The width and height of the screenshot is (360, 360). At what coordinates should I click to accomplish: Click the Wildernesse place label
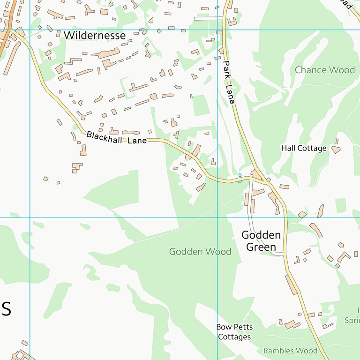tap(95, 35)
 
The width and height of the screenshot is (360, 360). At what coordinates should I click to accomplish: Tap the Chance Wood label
tap(325, 70)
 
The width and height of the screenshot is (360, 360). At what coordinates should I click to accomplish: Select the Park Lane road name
tap(229, 82)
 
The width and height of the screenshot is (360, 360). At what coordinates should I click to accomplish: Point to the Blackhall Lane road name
tap(117, 137)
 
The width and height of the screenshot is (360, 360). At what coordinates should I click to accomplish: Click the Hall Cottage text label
tap(304, 148)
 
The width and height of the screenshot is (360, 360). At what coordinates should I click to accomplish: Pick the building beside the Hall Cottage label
tap(336, 150)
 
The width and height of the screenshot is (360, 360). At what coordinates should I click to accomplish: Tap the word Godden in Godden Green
tap(261, 235)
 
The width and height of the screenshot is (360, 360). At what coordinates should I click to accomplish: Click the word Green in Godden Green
tap(261, 247)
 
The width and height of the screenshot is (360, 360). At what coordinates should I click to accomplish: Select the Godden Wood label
tap(200, 252)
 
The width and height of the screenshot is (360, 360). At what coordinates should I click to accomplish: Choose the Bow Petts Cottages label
tap(234, 332)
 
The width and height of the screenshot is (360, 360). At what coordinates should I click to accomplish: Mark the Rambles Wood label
tap(290, 351)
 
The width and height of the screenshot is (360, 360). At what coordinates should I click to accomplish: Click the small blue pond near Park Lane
tap(240, 175)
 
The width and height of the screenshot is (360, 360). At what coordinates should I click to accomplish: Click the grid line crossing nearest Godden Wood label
tap(217, 217)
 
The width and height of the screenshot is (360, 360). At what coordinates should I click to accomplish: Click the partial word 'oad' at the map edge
tap(345, 4)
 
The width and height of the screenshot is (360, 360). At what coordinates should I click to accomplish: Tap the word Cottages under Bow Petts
tap(234, 337)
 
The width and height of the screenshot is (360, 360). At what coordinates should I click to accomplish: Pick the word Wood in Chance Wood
tap(341, 70)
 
